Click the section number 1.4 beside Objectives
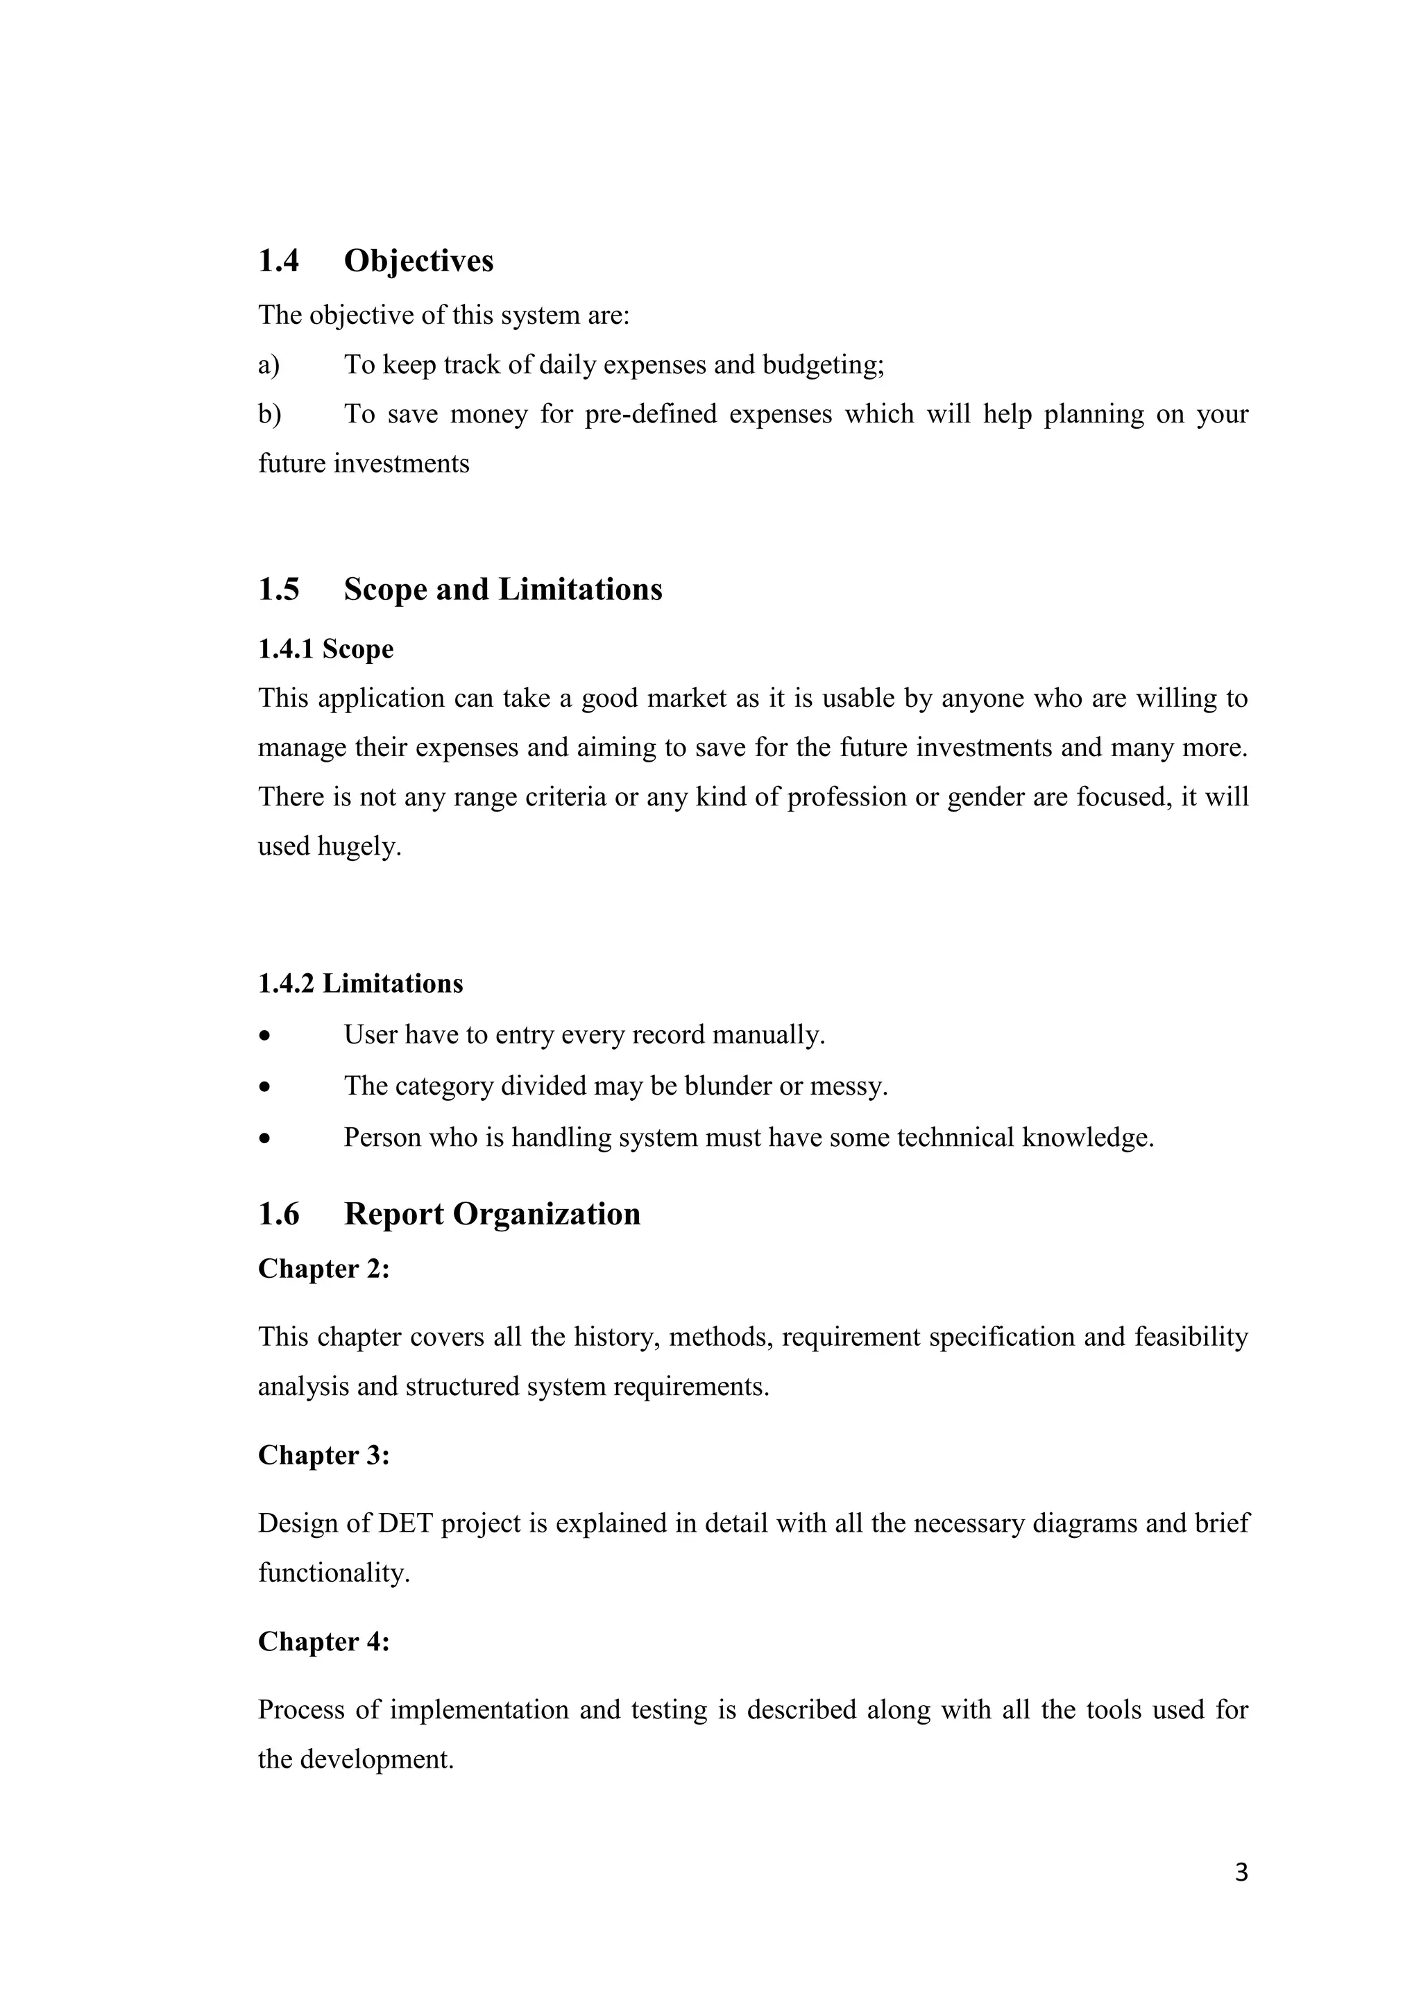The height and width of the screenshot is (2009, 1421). tap(278, 261)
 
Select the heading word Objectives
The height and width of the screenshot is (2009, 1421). tap(418, 261)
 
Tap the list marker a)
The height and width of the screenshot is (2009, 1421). tap(269, 364)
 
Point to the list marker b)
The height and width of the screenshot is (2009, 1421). tap(269, 414)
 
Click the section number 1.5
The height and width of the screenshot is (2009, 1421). tap(278, 590)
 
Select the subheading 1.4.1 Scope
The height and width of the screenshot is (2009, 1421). tap(325, 649)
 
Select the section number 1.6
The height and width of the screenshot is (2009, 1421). tap(278, 1215)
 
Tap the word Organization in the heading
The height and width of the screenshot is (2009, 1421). tap(546, 1215)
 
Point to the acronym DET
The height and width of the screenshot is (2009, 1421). tap(405, 1523)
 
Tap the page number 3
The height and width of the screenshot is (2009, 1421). tap(1241, 1872)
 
